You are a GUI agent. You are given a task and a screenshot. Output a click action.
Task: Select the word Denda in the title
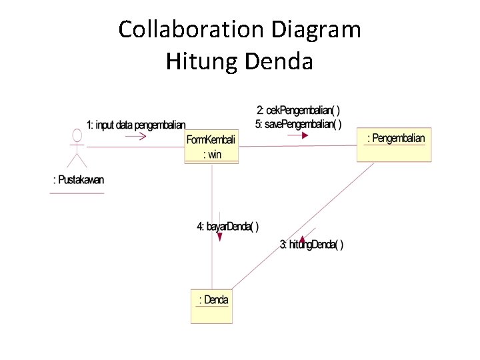click(x=279, y=61)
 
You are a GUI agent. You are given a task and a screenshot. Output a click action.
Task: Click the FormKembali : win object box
click(x=212, y=147)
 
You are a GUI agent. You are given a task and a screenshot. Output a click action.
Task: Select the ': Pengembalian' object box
click(x=394, y=145)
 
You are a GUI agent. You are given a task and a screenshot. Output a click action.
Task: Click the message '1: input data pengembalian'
click(x=136, y=125)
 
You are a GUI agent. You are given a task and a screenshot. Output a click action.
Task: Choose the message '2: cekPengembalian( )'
click(x=298, y=110)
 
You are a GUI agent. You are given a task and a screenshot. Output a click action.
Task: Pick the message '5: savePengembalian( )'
click(x=298, y=124)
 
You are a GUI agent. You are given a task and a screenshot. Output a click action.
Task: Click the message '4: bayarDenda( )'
click(x=227, y=227)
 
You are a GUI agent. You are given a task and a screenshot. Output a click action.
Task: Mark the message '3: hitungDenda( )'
click(x=311, y=245)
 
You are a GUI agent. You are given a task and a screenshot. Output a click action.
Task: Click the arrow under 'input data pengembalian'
click(x=136, y=136)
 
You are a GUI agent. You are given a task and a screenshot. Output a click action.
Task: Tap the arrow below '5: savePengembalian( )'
click(x=298, y=135)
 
